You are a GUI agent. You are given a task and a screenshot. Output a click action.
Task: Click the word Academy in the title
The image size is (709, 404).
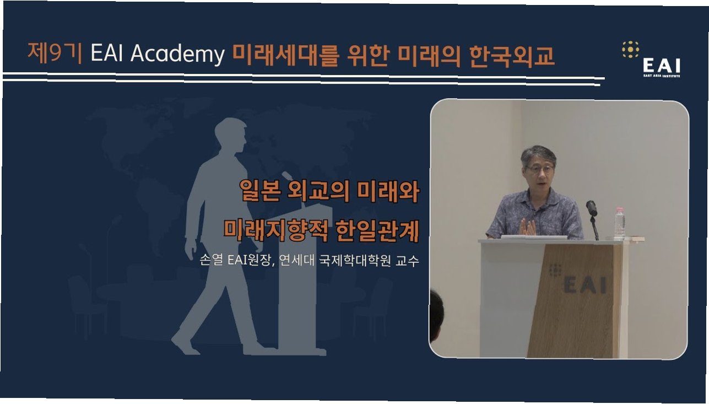(177, 54)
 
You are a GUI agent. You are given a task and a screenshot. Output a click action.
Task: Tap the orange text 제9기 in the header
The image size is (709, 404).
(55, 52)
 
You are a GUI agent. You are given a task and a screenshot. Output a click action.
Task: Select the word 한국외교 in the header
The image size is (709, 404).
(512, 57)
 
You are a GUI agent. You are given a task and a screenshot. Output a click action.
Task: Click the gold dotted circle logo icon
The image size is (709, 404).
(631, 50)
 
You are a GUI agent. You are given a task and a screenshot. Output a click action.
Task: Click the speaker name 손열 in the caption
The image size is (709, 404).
(211, 261)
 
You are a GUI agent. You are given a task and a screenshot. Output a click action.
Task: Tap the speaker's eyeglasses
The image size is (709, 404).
(540, 169)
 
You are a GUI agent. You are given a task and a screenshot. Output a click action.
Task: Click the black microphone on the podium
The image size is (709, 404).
(591, 208)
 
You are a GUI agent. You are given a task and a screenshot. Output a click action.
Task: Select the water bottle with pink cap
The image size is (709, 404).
(619, 223)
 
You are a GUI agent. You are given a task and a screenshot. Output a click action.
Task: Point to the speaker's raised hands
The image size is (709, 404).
(527, 227)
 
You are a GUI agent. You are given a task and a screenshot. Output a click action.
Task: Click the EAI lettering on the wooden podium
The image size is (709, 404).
(585, 284)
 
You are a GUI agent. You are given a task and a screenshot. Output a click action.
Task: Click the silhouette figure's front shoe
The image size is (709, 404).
(186, 343)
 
